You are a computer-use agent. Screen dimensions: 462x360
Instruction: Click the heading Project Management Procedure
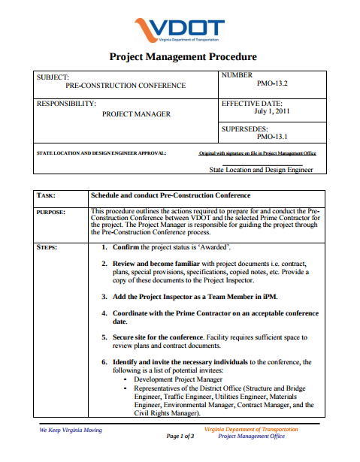[x=183, y=56]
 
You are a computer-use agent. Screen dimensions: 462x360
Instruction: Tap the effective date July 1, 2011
[x=272, y=112]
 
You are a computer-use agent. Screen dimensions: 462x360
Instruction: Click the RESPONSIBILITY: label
[x=66, y=103]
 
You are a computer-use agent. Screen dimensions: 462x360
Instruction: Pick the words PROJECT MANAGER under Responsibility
[x=136, y=114]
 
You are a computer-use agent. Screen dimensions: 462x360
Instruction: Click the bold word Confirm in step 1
[x=130, y=246]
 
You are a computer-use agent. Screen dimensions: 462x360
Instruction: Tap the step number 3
[x=104, y=297]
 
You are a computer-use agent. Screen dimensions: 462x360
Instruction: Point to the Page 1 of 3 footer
[x=180, y=436]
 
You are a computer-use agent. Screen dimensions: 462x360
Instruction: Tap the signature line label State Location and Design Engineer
[x=261, y=170]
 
